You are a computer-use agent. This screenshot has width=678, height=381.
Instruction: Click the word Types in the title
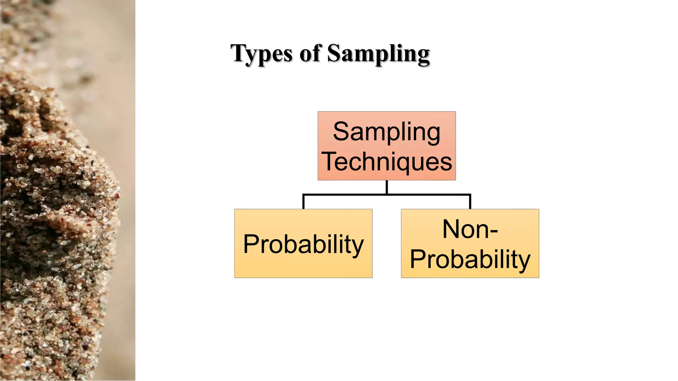pyautogui.click(x=262, y=54)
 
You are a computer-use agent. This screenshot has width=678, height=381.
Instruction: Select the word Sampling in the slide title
pyautogui.click(x=378, y=54)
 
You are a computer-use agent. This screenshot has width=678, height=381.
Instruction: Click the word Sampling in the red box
pyautogui.click(x=386, y=132)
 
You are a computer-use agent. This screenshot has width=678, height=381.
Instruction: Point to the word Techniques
pyautogui.click(x=386, y=162)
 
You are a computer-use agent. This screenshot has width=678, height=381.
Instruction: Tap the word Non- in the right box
pyautogui.click(x=470, y=229)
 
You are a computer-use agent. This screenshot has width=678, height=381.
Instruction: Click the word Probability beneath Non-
pyautogui.click(x=470, y=259)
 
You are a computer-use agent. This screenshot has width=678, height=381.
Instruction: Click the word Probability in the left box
pyautogui.click(x=303, y=244)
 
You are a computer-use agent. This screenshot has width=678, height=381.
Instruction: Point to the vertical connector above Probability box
pyautogui.click(x=303, y=202)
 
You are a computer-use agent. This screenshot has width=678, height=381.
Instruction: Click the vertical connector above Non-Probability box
pyautogui.click(x=470, y=202)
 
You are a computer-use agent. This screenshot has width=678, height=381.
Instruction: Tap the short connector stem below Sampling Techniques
pyautogui.click(x=387, y=187)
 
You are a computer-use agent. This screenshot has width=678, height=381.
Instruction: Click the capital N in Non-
pyautogui.click(x=452, y=229)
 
